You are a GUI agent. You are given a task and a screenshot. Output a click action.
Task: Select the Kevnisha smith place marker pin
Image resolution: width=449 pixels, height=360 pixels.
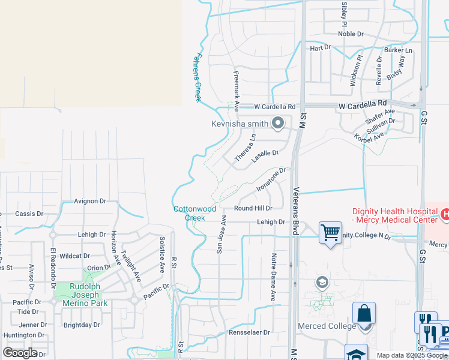(277, 124)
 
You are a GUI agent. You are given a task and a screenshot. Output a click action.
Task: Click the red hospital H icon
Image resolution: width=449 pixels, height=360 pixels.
(445, 214)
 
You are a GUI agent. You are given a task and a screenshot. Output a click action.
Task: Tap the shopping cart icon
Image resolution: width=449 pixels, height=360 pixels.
(330, 232)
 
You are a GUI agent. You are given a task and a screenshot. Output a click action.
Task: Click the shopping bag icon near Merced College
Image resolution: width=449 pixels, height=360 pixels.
(364, 314)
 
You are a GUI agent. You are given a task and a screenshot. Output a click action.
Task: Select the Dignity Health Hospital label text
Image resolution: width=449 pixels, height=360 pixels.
(394, 215)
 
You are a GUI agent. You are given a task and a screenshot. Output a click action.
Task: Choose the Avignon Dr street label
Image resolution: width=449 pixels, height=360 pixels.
(90, 201)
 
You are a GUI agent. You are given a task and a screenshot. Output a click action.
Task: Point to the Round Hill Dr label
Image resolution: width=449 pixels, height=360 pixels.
(253, 208)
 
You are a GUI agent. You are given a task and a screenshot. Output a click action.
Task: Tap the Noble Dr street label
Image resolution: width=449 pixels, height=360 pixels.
(351, 34)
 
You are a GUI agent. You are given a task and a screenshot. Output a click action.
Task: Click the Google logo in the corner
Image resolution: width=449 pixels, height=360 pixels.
(20, 352)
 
